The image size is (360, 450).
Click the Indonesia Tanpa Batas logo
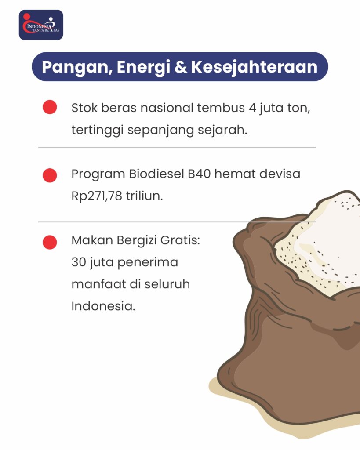click(41, 25)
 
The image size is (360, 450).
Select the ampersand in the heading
click(181, 67)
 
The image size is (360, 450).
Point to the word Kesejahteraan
click(255, 67)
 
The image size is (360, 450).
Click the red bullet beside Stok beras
click(50, 107)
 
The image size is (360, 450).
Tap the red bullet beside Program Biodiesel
click(50, 175)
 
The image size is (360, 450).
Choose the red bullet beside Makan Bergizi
click(50, 242)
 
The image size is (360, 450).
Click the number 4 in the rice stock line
click(252, 108)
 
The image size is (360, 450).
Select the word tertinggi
click(97, 131)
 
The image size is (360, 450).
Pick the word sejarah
click(222, 130)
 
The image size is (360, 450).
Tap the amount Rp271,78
click(97, 196)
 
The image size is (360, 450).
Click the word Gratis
click(180, 240)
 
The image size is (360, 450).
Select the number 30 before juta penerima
click(79, 262)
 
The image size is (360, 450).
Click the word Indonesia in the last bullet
click(103, 306)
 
